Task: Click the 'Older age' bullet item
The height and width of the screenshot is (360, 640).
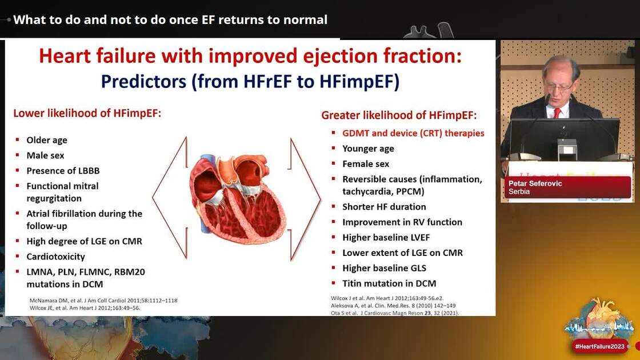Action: pos(46,140)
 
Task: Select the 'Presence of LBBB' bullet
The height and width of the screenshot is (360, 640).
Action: pos(62,170)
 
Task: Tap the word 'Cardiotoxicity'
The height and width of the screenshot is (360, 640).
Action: pos(55,257)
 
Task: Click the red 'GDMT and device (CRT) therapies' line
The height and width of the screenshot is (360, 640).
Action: pos(413,133)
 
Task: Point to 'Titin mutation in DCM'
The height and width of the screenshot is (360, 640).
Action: pos(389,283)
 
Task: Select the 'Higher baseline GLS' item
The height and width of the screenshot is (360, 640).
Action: pos(384,268)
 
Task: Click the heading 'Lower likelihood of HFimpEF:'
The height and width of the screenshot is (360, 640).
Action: pos(87,113)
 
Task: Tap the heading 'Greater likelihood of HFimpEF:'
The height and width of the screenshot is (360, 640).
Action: pos(399,115)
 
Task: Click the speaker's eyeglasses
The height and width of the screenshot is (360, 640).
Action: pos(558,86)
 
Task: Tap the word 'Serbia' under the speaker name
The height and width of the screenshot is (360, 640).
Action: pos(519,192)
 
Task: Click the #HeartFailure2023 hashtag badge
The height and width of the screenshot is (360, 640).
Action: pos(599,346)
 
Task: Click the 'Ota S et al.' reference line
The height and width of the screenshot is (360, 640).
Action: pos(395,313)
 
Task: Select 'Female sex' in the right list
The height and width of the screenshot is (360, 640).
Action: pos(366,164)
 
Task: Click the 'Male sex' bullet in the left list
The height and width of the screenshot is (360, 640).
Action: pos(45,155)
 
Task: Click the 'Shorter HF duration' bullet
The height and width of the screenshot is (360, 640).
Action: pos(384,207)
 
